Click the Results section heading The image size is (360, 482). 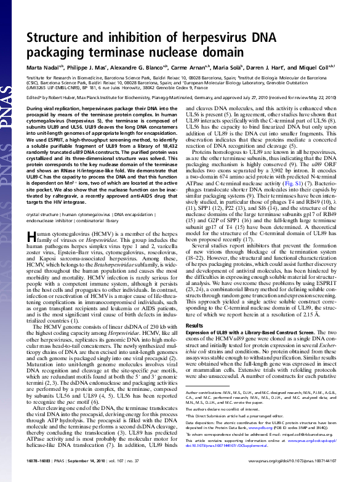pyautogui.click(x=194, y=325)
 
